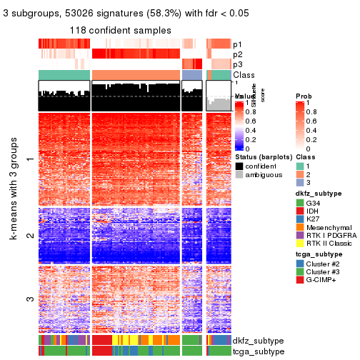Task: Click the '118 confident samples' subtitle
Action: point(120,30)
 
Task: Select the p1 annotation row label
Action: point(237,44)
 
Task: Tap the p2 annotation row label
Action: point(237,54)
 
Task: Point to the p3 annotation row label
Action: point(237,64)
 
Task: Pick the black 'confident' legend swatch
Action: point(239,166)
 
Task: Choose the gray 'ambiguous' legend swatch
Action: point(239,176)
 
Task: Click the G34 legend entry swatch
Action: point(300,203)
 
